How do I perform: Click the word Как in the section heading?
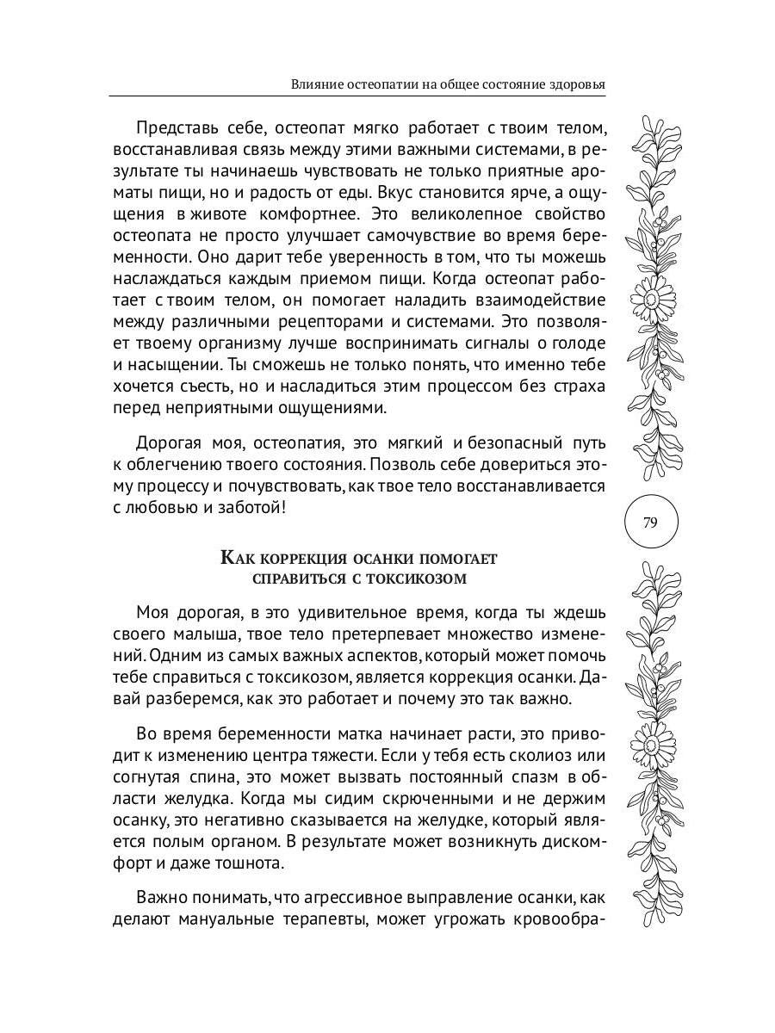point(237,558)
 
